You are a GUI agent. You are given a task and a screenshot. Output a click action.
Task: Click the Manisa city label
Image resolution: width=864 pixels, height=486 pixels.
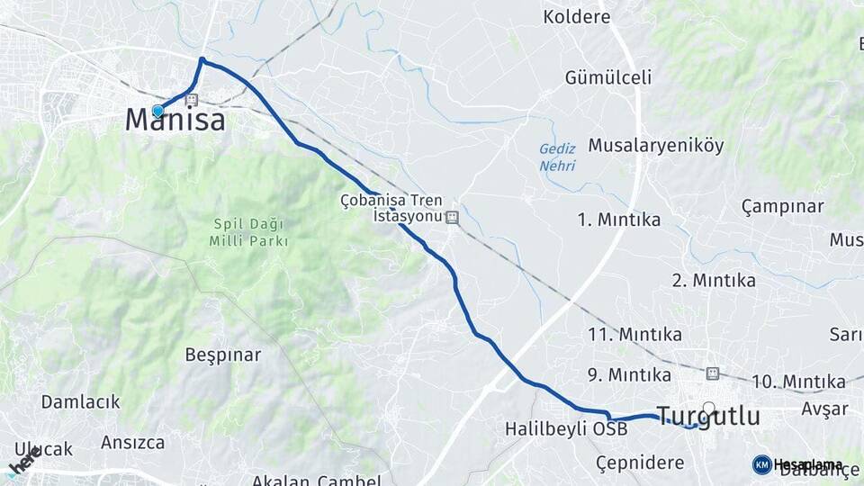pos(175,120)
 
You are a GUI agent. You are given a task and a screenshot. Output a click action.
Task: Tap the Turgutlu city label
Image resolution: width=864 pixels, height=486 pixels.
pos(707,416)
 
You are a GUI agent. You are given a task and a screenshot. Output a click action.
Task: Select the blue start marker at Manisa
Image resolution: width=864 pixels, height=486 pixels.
pos(158,111)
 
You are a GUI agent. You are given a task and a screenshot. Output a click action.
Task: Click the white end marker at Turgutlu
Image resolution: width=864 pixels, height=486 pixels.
pos(709,408)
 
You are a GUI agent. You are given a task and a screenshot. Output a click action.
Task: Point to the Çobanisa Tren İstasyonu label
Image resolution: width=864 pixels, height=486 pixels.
pos(391,208)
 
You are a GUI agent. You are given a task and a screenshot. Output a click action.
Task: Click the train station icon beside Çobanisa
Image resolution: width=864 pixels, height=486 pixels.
pos(453,217)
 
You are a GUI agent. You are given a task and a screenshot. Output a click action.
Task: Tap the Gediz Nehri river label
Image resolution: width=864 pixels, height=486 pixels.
pos(557,157)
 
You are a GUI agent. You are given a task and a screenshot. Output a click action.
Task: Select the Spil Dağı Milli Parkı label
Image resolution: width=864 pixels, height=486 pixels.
pos(247,232)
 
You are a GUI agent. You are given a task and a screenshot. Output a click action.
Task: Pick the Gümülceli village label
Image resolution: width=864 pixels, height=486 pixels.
pos(608,77)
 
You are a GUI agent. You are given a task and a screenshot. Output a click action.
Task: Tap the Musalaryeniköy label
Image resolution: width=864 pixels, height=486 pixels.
pos(655,145)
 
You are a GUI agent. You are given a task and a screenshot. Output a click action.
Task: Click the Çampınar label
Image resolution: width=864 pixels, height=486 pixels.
pos(782,206)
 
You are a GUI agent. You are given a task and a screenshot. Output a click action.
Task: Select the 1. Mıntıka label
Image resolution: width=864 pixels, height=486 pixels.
pos(619,220)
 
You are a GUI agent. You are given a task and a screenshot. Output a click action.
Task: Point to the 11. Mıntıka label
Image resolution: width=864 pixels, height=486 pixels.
pos(634,335)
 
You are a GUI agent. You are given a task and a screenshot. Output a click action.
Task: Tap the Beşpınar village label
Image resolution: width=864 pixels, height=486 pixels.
pos(222,355)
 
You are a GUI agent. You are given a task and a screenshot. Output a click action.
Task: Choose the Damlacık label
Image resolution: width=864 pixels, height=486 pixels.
pos(80,401)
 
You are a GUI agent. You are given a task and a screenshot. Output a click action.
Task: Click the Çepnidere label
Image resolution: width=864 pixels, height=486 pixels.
pos(640,462)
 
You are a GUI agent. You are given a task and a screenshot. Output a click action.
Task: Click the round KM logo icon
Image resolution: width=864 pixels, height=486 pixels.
pos(761,464)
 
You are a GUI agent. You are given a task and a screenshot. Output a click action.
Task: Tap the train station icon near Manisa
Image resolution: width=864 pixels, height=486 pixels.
pos(192,101)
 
